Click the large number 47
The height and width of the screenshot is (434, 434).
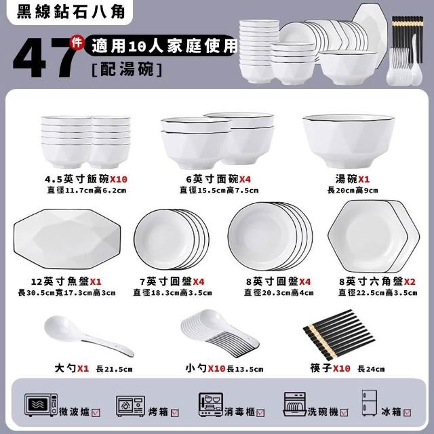point(44,58)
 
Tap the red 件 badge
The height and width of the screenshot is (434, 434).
point(77,42)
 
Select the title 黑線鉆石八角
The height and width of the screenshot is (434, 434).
point(71,12)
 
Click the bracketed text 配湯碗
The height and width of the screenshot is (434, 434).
point(127,68)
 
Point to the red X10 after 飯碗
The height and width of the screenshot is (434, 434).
point(119,179)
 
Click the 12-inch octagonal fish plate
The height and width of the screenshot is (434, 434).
point(67,239)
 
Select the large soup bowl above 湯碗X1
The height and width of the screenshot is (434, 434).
point(349,140)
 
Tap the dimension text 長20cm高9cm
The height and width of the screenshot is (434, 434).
point(353,191)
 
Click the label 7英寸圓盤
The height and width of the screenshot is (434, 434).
point(165,282)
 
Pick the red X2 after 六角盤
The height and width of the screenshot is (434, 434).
point(410,282)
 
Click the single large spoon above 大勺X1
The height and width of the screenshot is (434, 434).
point(89,336)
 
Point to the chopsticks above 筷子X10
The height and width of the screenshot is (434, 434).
point(339,334)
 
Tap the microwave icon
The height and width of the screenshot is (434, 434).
point(41,405)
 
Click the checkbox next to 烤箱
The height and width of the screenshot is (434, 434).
point(175,413)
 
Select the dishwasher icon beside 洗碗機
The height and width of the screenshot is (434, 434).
point(294,404)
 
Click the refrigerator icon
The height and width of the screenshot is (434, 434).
point(369,403)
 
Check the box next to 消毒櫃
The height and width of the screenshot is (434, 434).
point(260,413)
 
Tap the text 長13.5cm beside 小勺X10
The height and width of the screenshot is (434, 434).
point(245,369)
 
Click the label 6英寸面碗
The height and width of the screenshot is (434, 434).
point(212,179)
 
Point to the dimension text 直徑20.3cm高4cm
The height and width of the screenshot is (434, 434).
point(279,292)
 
